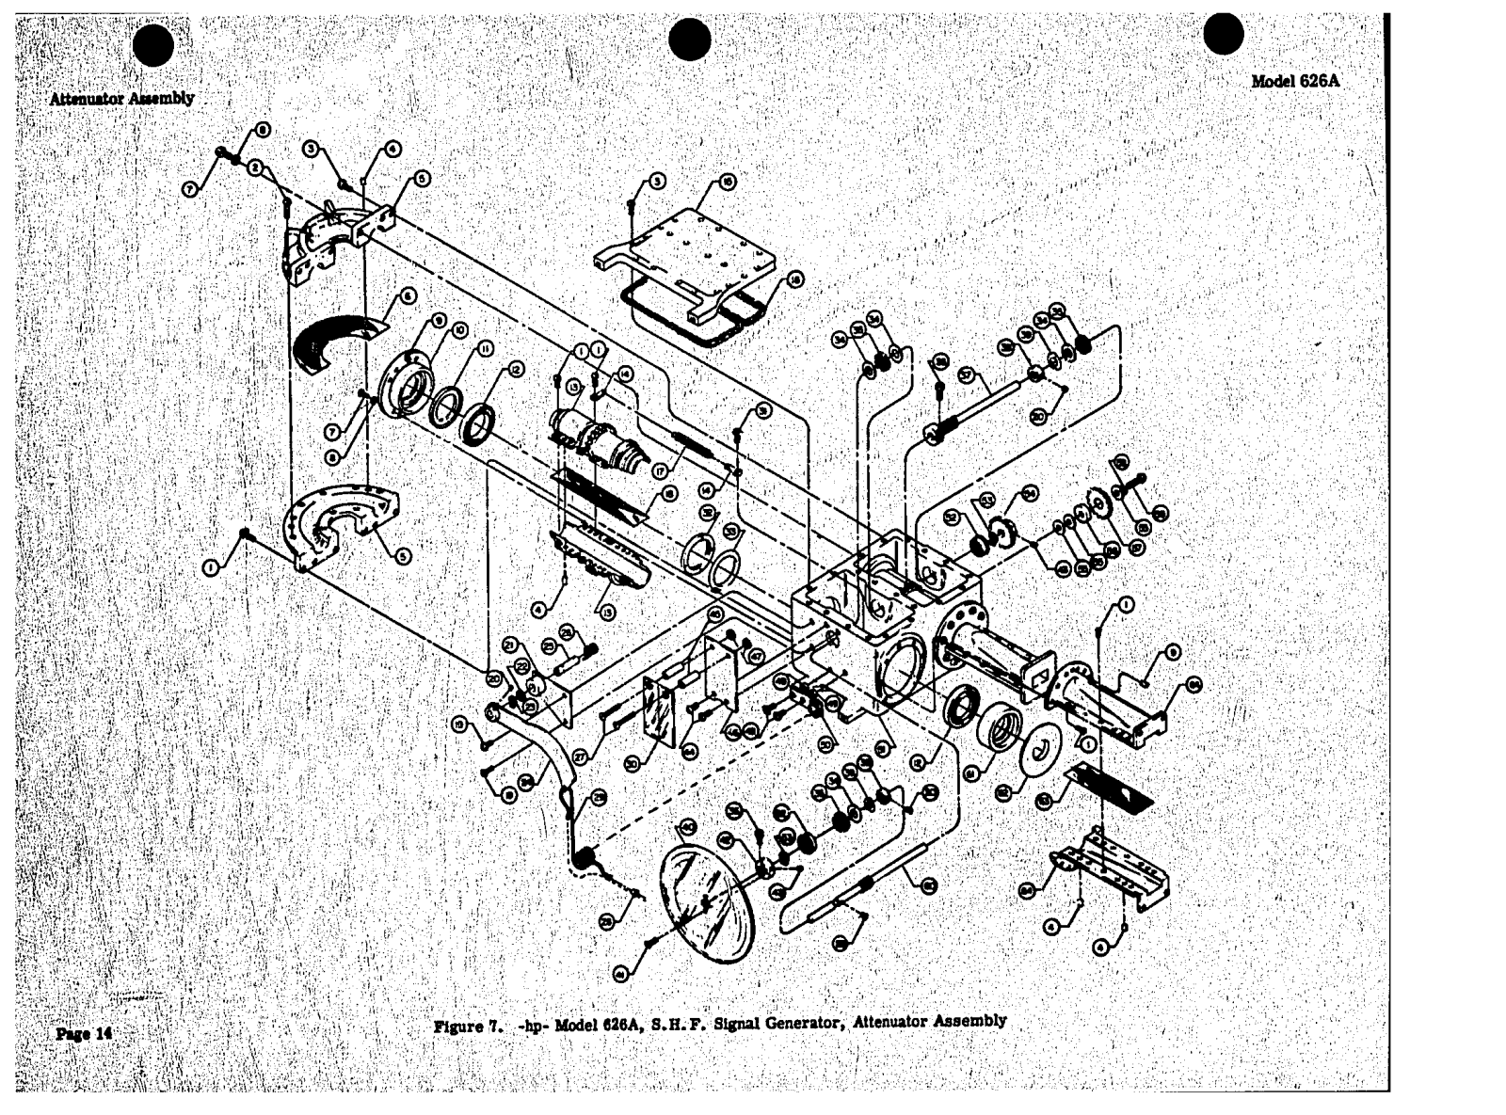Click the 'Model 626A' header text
tap(1295, 81)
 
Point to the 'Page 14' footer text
tap(84, 1033)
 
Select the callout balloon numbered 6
tap(408, 295)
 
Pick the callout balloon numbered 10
tap(460, 329)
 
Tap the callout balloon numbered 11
tap(486, 348)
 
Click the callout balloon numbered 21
tap(509, 645)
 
